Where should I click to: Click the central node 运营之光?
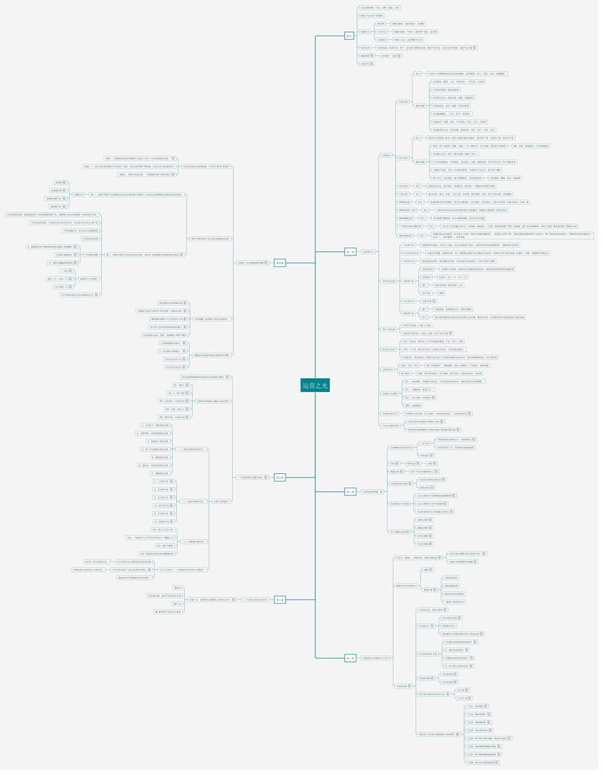click(x=315, y=385)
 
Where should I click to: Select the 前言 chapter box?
click(x=349, y=36)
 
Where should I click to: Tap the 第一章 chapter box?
click(x=350, y=252)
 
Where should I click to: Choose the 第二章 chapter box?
click(x=350, y=491)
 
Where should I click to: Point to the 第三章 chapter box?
click(x=350, y=658)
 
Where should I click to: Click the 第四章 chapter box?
click(x=280, y=263)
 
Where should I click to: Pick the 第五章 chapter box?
click(x=280, y=477)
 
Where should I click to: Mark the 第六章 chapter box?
click(x=280, y=600)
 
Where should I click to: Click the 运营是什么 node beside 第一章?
click(x=368, y=252)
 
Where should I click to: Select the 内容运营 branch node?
click(x=403, y=102)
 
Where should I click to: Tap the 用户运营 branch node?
click(x=403, y=157)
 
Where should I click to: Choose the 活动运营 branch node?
click(x=403, y=186)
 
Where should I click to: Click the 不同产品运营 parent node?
click(x=389, y=281)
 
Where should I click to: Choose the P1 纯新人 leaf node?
click(x=170, y=385)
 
